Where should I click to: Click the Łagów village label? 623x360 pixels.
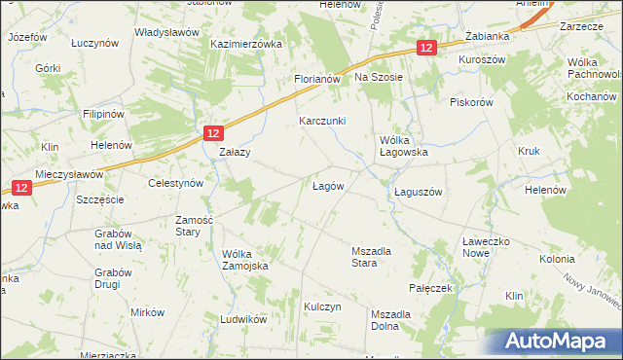click(327, 186)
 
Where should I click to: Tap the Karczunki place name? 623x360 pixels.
click(321, 121)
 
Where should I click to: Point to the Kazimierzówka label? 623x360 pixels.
click(246, 45)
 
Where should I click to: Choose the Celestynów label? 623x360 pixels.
click(173, 183)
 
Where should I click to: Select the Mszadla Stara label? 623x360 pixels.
click(371, 257)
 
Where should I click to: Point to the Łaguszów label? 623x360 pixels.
click(419, 192)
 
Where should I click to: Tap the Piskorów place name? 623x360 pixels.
click(472, 102)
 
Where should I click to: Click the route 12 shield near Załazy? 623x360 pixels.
click(215, 132)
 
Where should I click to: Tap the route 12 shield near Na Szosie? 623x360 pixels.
click(426, 48)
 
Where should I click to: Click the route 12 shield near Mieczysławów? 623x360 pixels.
click(21, 186)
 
